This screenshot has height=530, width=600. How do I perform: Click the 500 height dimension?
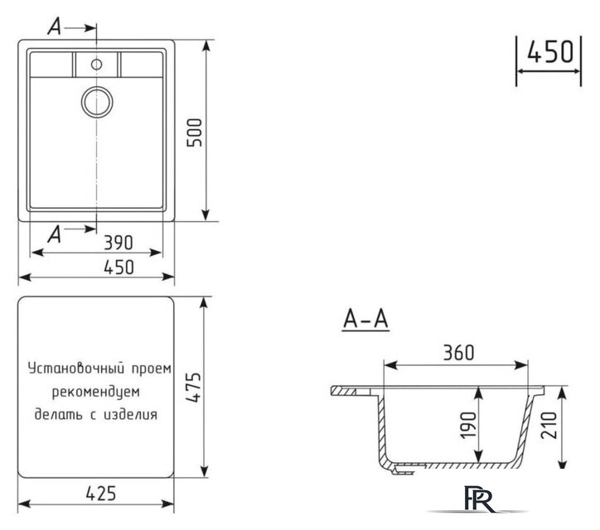point(196,130)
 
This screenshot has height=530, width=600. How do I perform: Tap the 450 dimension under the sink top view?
point(97,267)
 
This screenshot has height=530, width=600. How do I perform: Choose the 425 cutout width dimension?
point(97,494)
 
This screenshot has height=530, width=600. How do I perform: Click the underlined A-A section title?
point(365,320)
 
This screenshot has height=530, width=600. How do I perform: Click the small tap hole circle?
point(97,64)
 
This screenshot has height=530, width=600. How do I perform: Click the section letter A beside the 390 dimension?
point(55,234)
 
